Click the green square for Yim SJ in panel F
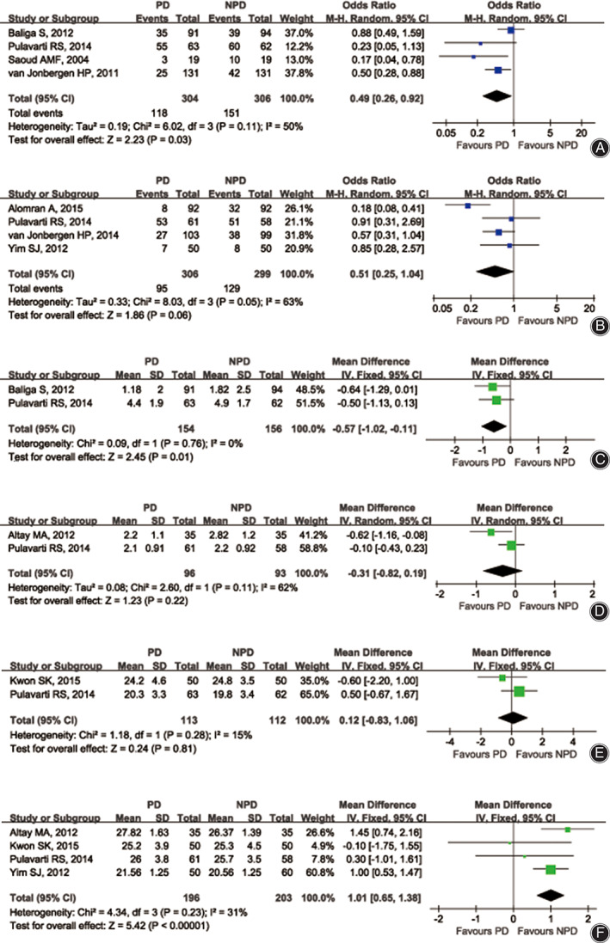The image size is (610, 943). (551, 869)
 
